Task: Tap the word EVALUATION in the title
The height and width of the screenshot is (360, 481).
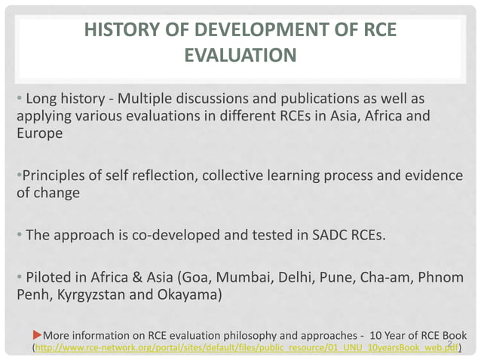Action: pyautogui.click(x=239, y=56)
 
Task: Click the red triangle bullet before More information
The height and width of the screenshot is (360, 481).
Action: pyautogui.click(x=37, y=334)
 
